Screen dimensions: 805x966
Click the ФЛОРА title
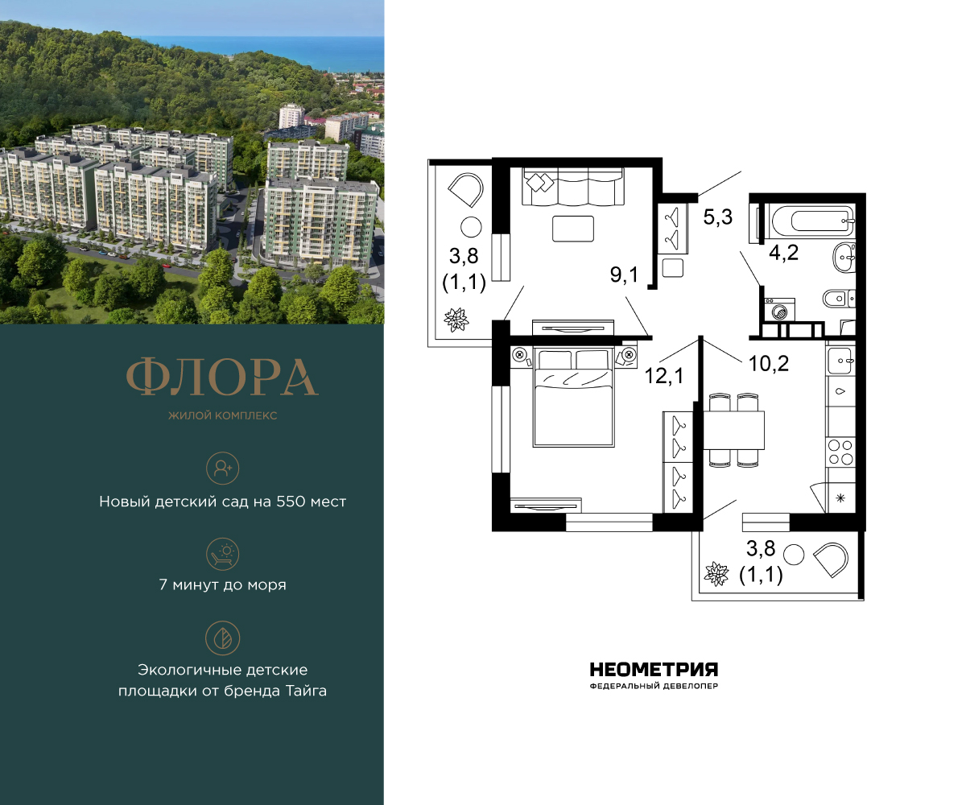222,376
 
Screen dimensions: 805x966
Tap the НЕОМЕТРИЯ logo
654,670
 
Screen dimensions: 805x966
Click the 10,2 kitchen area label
770,362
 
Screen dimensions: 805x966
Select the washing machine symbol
779,310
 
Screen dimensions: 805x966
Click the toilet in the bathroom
837,299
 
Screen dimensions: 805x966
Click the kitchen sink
840,357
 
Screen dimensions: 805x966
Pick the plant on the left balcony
456,320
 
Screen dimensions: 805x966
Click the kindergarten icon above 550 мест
222,468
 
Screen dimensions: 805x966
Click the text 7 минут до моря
222,585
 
